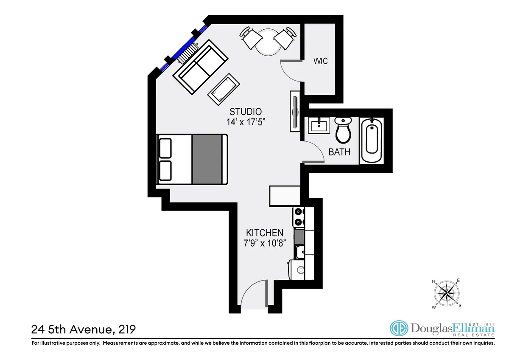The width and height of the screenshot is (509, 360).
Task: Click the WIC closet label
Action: (320, 61)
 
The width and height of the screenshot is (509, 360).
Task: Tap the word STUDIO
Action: (245, 112)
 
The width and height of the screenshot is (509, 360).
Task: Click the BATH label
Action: (340, 152)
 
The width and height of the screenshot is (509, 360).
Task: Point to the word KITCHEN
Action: (265, 233)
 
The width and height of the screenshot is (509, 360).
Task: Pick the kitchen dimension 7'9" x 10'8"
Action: (265, 243)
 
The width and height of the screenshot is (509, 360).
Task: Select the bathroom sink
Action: (318, 126)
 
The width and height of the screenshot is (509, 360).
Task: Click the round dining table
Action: (267, 42)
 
